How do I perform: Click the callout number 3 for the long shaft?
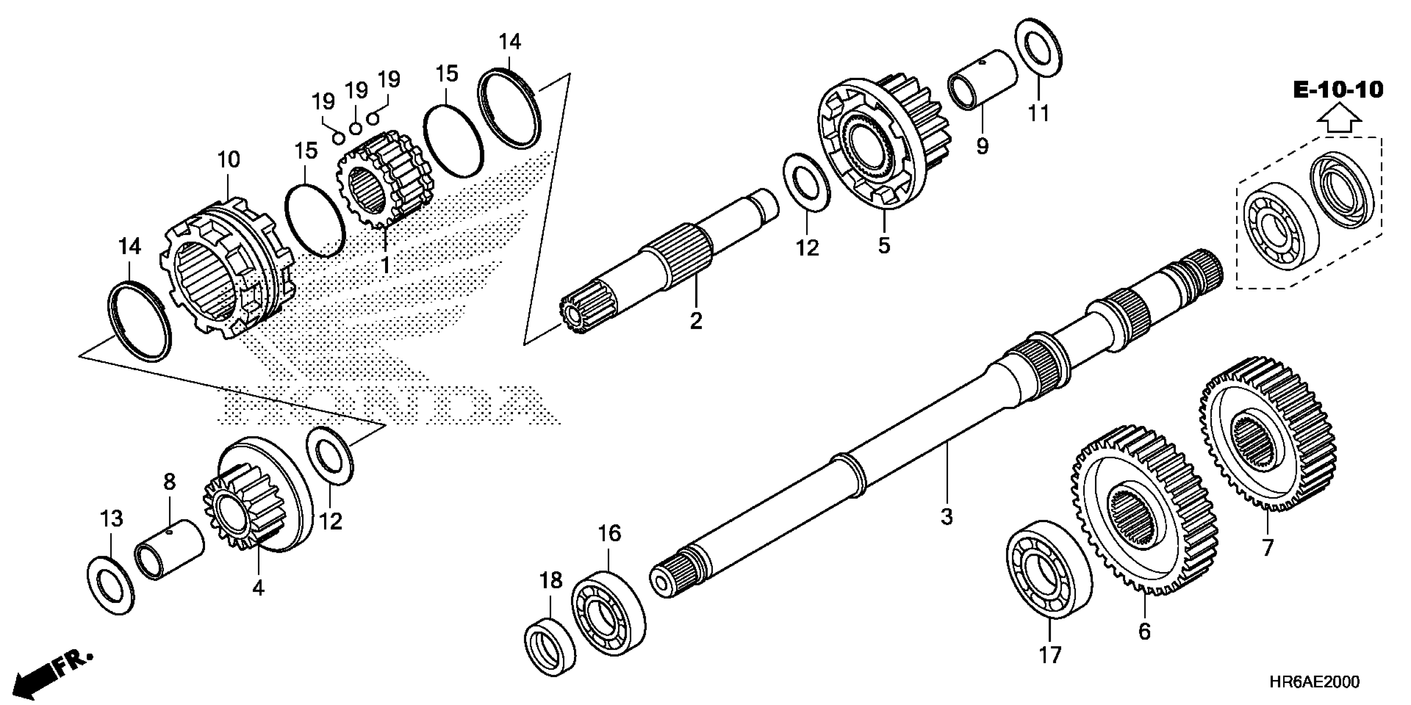[x=947, y=517]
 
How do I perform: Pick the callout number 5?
[x=884, y=246]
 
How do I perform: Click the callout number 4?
[x=258, y=588]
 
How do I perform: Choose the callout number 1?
[x=386, y=265]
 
